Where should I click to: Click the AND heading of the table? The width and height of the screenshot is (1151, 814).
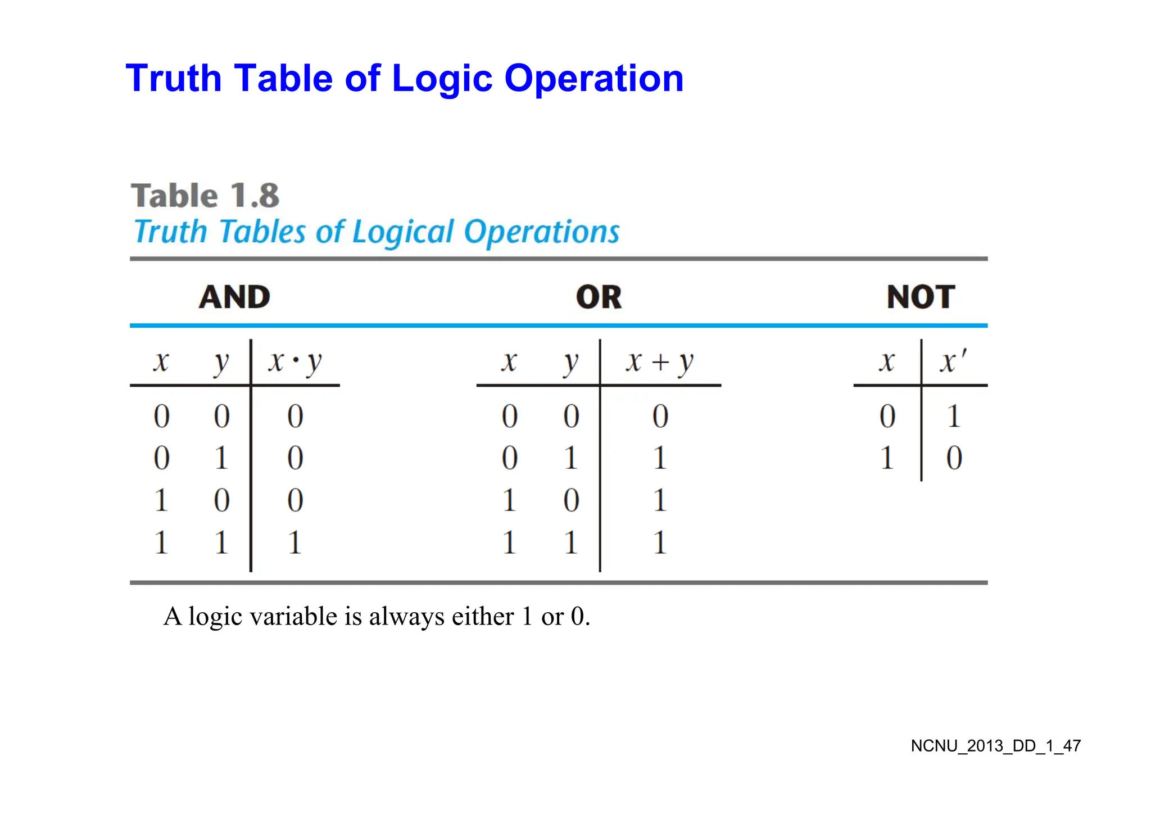234,297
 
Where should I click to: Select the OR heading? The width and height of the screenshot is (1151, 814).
599,297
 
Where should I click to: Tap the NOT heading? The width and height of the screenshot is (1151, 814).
921,297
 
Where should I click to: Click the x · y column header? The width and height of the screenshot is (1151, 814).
294,361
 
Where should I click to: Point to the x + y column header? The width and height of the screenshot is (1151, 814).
660,361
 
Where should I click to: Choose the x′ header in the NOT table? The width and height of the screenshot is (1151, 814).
953,361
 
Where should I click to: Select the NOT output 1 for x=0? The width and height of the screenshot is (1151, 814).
953,417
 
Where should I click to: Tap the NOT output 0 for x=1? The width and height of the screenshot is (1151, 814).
954,458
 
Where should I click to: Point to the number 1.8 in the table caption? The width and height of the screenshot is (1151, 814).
255,196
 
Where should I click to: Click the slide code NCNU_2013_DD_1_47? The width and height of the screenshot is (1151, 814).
995,746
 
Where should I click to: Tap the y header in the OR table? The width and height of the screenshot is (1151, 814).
570,361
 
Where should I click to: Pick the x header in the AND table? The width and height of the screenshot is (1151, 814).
161,361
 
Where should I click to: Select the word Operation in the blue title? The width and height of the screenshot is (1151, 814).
593,78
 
